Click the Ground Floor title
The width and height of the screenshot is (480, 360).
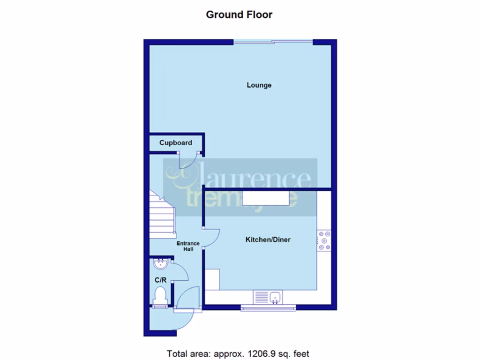click(239, 15)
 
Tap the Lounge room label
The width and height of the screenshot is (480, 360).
click(259, 85)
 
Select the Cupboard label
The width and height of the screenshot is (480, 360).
click(175, 142)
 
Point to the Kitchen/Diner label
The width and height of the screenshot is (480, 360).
click(268, 240)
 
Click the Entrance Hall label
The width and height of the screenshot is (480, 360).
click(188, 246)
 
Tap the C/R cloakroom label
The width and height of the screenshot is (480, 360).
click(160, 280)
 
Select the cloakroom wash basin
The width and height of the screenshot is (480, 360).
click(160, 264)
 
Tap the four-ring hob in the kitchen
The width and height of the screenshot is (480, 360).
click(324, 240)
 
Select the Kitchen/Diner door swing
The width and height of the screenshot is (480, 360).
click(212, 237)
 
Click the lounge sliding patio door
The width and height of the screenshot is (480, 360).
click(273, 43)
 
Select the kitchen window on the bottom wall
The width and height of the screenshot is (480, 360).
click(269, 308)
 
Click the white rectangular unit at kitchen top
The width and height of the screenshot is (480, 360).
click(266, 198)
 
